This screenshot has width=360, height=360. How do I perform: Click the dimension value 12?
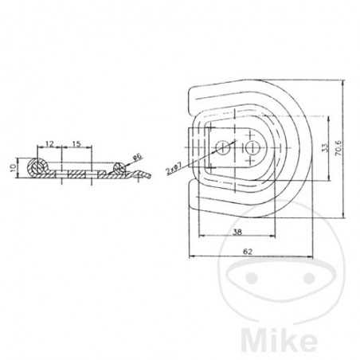click(x=49, y=144)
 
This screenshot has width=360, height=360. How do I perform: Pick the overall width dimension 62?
click(x=248, y=252)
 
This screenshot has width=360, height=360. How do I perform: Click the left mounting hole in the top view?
click(x=226, y=148)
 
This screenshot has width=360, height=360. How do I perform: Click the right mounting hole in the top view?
click(x=252, y=148)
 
